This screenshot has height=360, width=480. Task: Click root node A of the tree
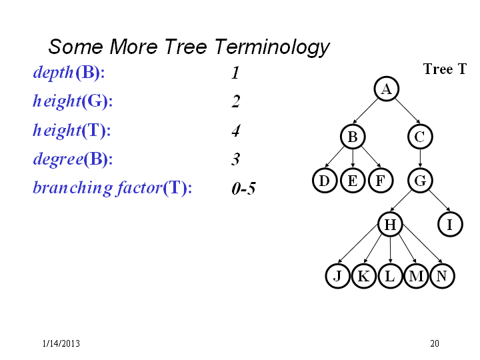(x=386, y=89)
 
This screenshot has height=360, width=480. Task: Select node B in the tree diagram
(x=353, y=137)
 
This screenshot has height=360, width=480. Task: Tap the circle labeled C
(x=420, y=137)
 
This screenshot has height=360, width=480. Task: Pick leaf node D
(x=325, y=180)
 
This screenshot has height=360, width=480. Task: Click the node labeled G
(x=420, y=180)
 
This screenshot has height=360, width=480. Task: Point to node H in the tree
(x=390, y=224)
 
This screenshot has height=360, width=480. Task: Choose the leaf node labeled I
(x=450, y=224)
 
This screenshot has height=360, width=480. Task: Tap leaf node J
(x=337, y=276)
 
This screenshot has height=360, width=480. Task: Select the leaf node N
(x=442, y=276)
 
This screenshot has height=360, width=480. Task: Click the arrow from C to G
(x=420, y=158)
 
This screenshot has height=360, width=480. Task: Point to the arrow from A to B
(x=365, y=111)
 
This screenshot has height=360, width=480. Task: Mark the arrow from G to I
(x=439, y=201)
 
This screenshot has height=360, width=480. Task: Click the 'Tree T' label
(x=445, y=69)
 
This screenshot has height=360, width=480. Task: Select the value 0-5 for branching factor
(x=243, y=188)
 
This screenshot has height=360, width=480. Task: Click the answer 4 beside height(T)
(x=236, y=130)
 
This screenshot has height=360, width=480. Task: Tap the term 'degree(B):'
(x=73, y=159)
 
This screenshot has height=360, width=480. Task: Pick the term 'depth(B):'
(x=69, y=73)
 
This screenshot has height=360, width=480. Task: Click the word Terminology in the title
(x=272, y=47)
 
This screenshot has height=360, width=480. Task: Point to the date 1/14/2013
(x=61, y=343)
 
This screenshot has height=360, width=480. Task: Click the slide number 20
(x=435, y=343)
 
